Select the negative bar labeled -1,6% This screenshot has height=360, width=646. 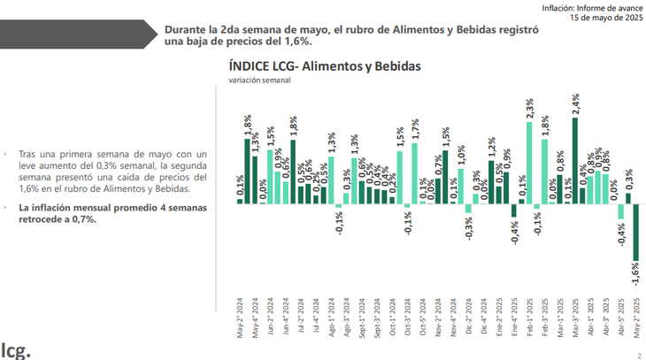coord(634,233)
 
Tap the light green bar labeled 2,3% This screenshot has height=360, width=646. coord(529,164)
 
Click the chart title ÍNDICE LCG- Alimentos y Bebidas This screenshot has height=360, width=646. coord(325,66)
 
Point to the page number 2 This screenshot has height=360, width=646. coord(637,354)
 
